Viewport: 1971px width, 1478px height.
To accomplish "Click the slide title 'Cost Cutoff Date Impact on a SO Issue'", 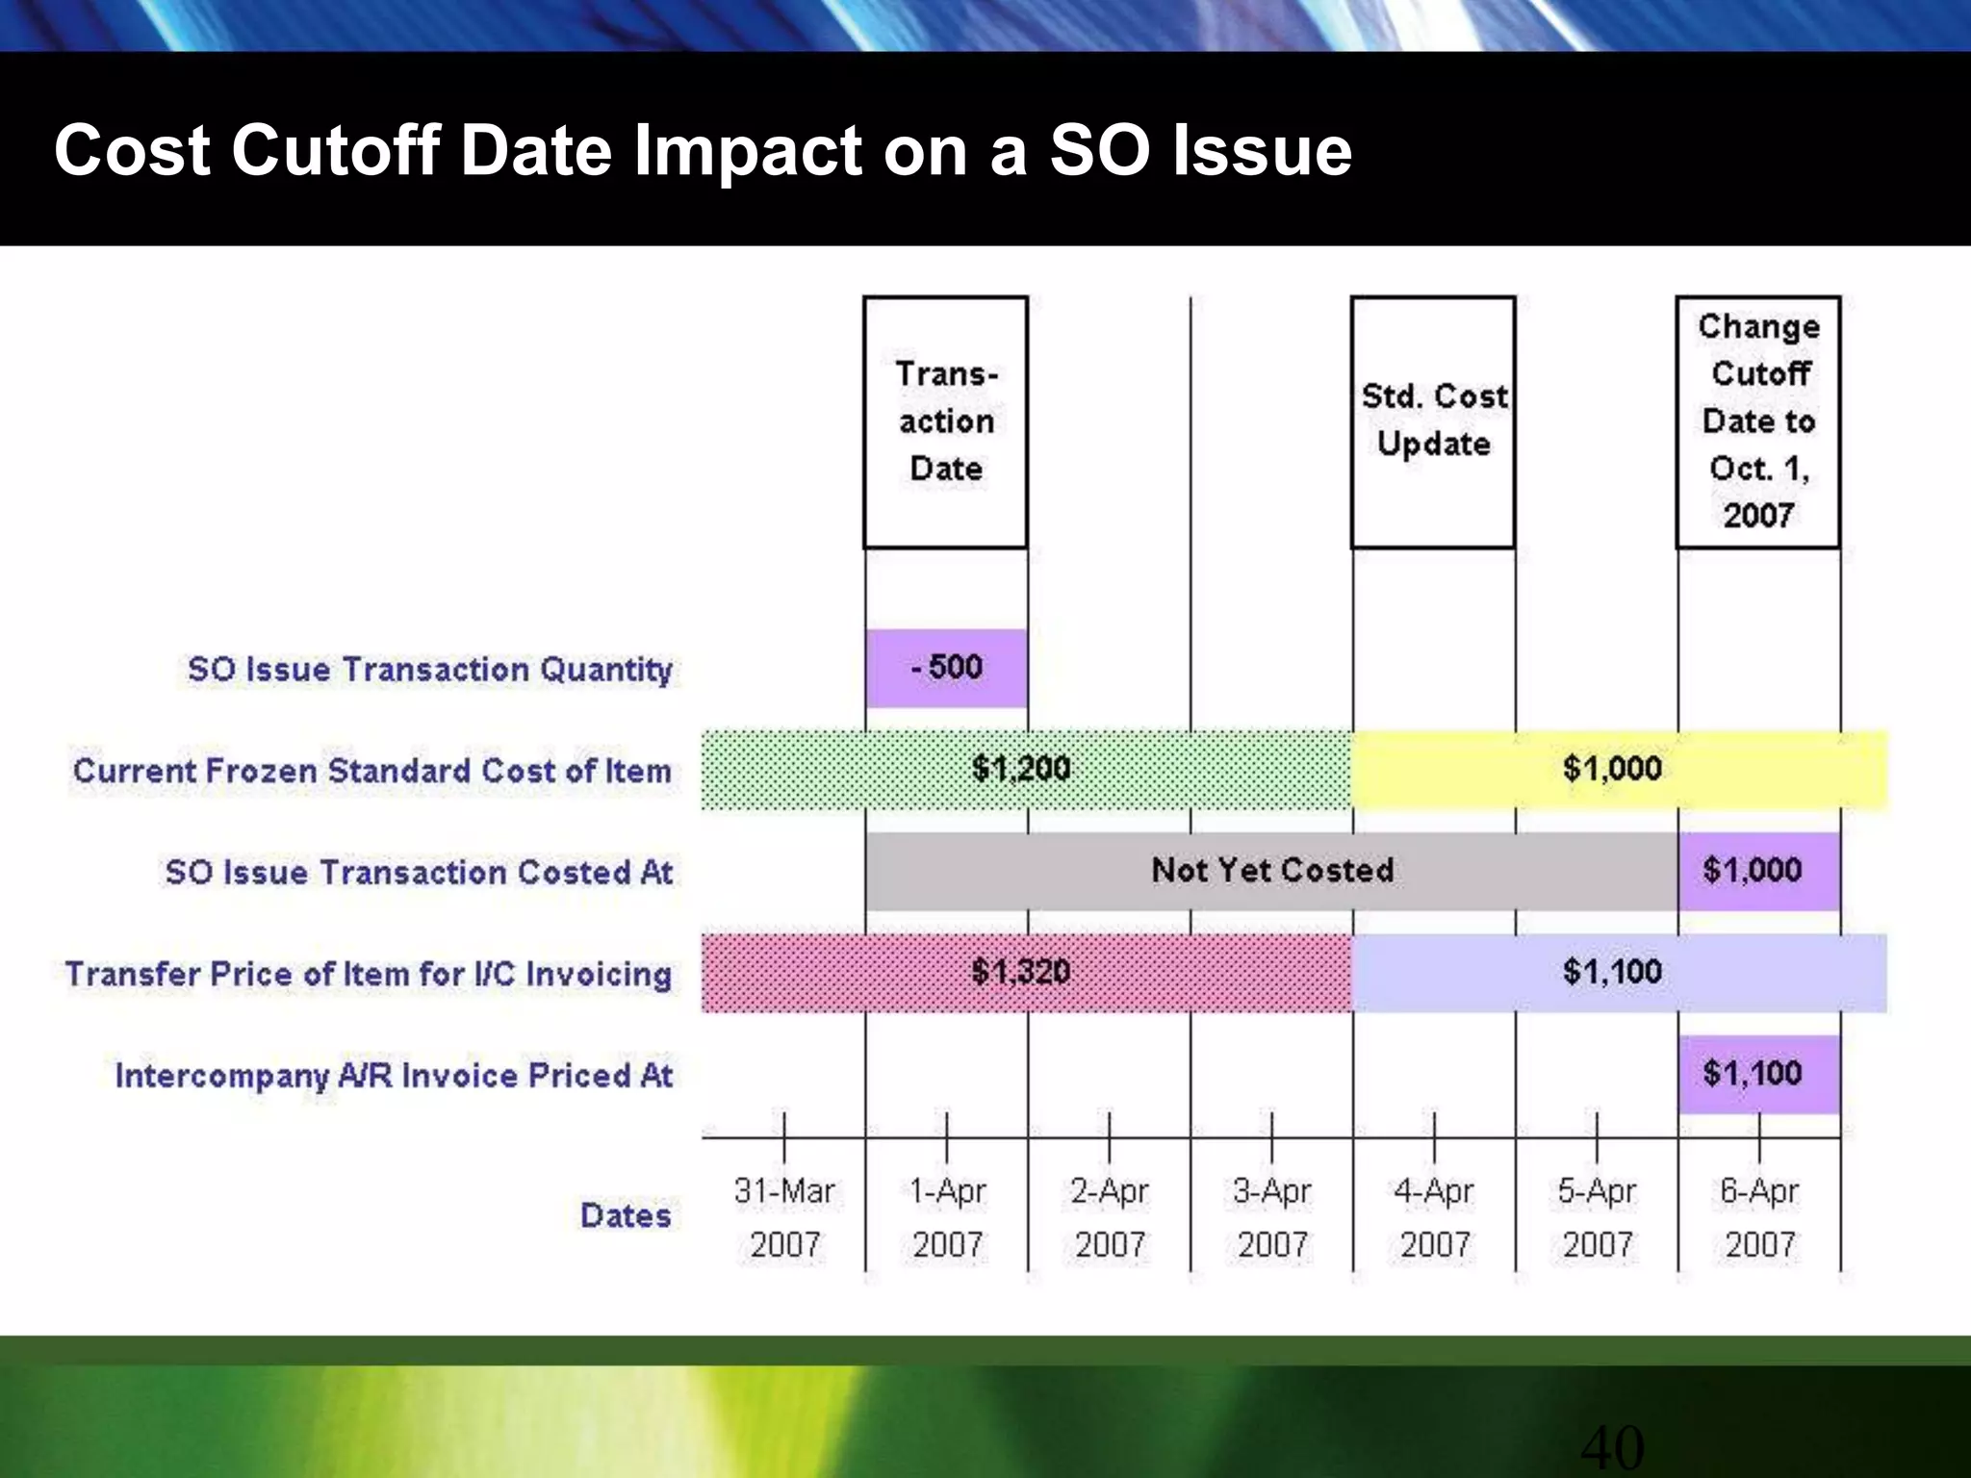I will pos(703,151).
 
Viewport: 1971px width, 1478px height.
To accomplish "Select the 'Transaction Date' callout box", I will pos(946,422).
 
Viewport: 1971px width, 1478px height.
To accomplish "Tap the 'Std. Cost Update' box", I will pos(1433,421).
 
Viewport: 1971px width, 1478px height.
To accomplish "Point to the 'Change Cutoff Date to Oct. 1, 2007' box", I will pos(1758,421).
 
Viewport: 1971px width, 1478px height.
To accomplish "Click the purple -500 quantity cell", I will pos(947,668).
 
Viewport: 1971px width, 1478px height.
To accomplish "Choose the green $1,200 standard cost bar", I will pos(1025,769).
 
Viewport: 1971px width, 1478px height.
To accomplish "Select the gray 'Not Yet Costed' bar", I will pos(1271,871).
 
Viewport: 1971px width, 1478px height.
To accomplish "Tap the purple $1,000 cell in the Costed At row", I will pos(1757,871).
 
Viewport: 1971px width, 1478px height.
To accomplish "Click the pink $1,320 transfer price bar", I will pos(1025,972).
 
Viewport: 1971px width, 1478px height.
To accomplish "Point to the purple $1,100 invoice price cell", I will pos(1757,1074).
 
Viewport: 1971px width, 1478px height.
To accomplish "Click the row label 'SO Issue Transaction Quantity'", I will pos(429,670).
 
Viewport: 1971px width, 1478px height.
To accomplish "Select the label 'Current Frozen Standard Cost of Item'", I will pos(371,771).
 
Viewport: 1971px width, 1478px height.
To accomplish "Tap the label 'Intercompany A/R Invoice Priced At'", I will pos(394,1075).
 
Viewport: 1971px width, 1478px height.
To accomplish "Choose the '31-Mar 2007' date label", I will pos(784,1217).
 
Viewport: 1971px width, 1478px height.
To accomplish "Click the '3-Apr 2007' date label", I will pos(1272,1217).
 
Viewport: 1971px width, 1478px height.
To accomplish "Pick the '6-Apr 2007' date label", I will pos(1759,1217).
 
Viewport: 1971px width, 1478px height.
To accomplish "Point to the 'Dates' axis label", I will pos(626,1215).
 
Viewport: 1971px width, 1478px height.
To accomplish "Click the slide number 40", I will pos(1612,1447).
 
